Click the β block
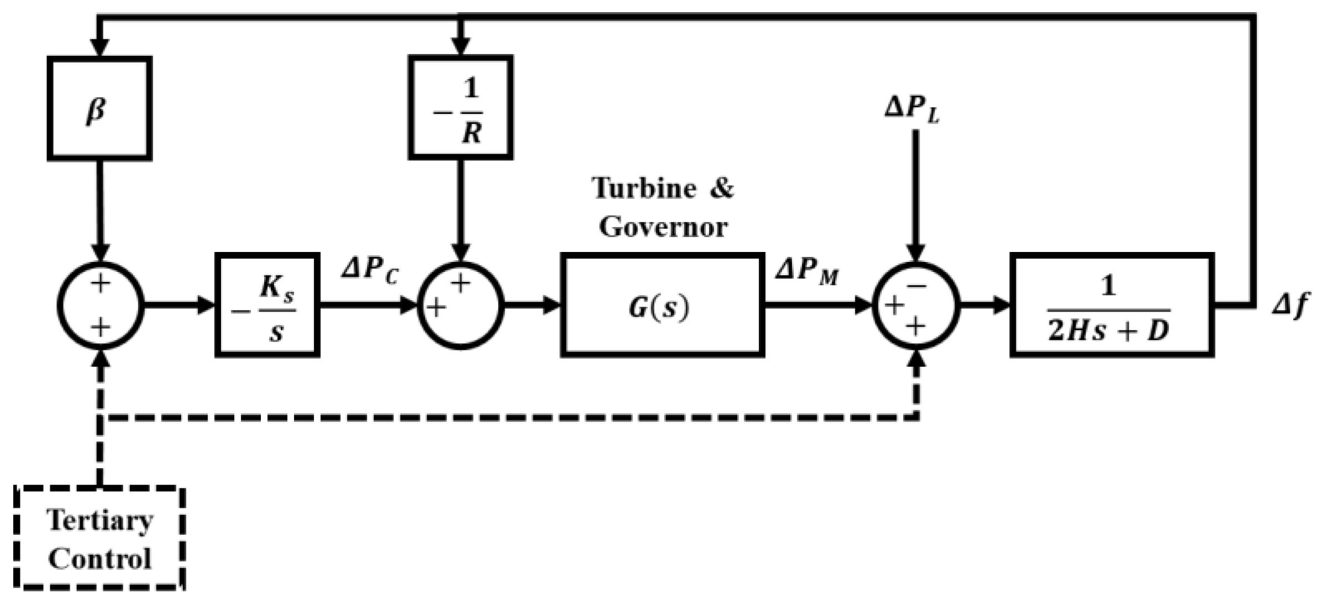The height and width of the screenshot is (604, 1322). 99,108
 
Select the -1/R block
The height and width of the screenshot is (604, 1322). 460,107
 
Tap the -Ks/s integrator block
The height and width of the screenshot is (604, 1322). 267,305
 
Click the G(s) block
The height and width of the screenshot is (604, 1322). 662,305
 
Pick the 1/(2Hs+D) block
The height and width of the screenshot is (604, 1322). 1111,305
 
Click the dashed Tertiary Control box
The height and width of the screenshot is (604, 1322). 99,538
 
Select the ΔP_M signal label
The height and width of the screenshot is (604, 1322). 806,271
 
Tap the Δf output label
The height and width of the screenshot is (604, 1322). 1290,305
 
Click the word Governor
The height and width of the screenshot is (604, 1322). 663,227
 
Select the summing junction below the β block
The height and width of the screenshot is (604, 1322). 101,306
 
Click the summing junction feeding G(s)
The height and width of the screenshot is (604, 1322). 460,306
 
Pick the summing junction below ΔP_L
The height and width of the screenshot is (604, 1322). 916,306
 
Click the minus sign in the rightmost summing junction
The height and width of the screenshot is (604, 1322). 916,285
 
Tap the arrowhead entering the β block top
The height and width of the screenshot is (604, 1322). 99,48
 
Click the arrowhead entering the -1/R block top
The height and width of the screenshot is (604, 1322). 460,46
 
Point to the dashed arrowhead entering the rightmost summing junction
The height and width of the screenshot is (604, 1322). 917,360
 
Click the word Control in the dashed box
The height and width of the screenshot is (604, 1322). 99,559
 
